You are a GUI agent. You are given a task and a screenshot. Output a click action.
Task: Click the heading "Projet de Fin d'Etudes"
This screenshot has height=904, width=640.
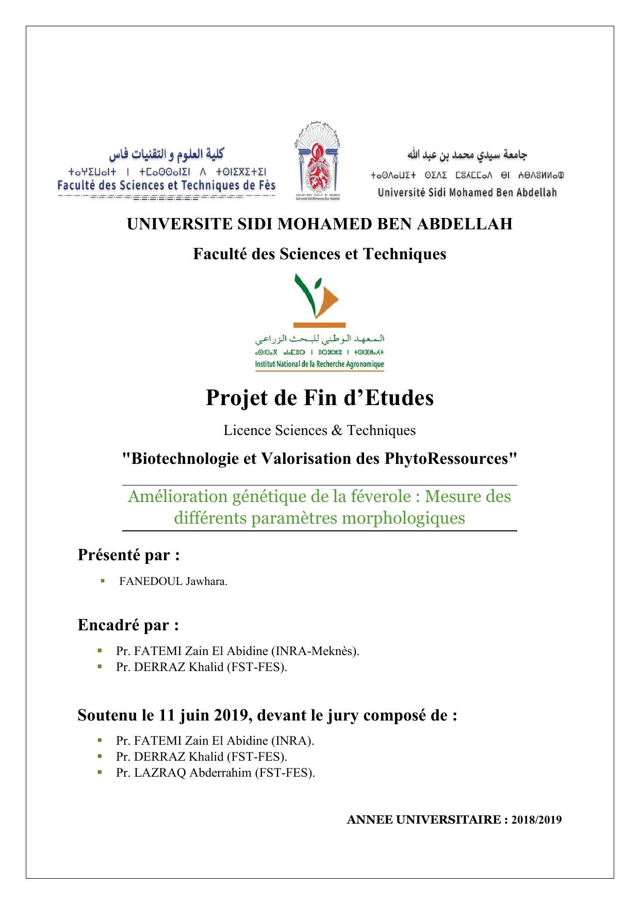320,398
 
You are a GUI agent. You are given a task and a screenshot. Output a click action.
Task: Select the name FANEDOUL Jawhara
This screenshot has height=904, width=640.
173,581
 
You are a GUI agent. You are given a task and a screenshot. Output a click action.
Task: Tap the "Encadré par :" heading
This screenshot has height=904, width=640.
128,625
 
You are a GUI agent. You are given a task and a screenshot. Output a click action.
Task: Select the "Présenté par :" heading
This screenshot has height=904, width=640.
129,555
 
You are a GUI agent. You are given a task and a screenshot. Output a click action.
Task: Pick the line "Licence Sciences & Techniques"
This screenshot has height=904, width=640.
320,430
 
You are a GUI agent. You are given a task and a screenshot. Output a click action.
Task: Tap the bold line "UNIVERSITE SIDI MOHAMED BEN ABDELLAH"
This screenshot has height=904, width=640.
320,224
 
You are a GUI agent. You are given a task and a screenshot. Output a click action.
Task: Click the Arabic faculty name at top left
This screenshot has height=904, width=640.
166,154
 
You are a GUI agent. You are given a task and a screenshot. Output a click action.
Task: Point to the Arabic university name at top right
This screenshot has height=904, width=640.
467,155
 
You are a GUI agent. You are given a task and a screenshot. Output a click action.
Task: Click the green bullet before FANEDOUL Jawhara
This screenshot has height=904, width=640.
103,581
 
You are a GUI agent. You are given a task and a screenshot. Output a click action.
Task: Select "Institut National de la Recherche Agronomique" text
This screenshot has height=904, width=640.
320,364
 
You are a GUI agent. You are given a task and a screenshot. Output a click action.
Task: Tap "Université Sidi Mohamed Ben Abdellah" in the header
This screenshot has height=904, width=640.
467,193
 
